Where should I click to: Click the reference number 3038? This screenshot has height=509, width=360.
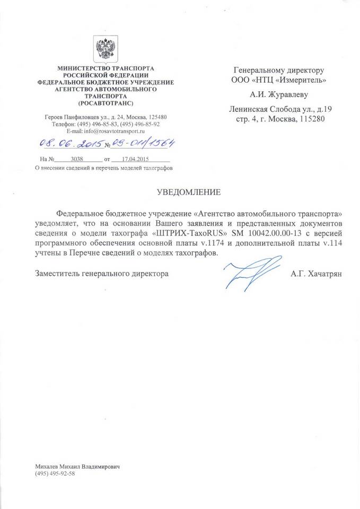pos(78,159)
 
